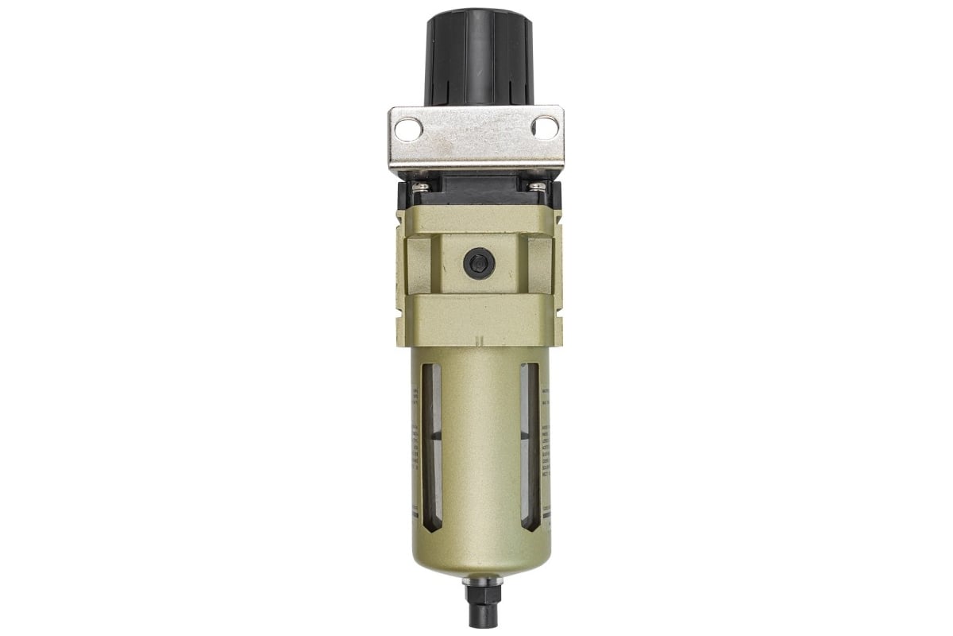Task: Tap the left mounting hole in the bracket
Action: pyautogui.click(x=407, y=129)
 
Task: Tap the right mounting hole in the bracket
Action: pyautogui.click(x=545, y=127)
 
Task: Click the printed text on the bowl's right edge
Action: pyautogui.click(x=546, y=445)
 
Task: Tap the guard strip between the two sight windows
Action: pyautogui.click(x=480, y=445)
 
